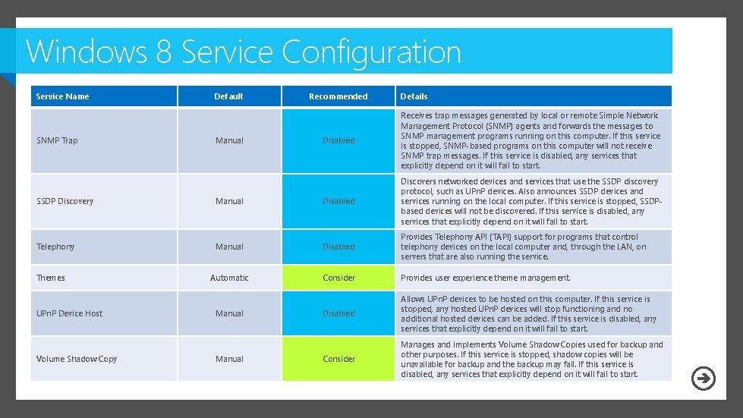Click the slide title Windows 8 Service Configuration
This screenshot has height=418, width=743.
tap(243, 52)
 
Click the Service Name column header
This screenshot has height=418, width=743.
tap(63, 96)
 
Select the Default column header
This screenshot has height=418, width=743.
tap(228, 96)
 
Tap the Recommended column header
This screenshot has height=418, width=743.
tap(338, 96)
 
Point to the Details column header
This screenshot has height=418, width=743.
tap(414, 96)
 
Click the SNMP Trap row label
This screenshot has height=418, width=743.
tap(57, 140)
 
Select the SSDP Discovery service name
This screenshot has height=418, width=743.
tap(65, 201)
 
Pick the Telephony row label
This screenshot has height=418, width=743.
tap(55, 247)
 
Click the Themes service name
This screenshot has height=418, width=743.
tap(51, 278)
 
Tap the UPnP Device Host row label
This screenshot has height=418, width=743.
tap(70, 313)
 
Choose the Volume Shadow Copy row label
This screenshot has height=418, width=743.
tap(77, 359)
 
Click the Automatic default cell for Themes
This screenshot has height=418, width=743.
tap(229, 278)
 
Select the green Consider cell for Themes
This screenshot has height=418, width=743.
tap(338, 278)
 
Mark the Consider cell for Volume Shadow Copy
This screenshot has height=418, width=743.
tap(338, 359)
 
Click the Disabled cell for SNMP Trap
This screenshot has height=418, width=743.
tap(338, 140)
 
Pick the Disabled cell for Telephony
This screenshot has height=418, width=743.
tap(338, 247)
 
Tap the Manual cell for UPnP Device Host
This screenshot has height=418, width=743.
tap(229, 313)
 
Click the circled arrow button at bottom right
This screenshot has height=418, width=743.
tap(704, 378)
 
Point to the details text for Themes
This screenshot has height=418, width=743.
tap(486, 278)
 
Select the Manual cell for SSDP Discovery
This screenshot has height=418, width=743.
tap(229, 201)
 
